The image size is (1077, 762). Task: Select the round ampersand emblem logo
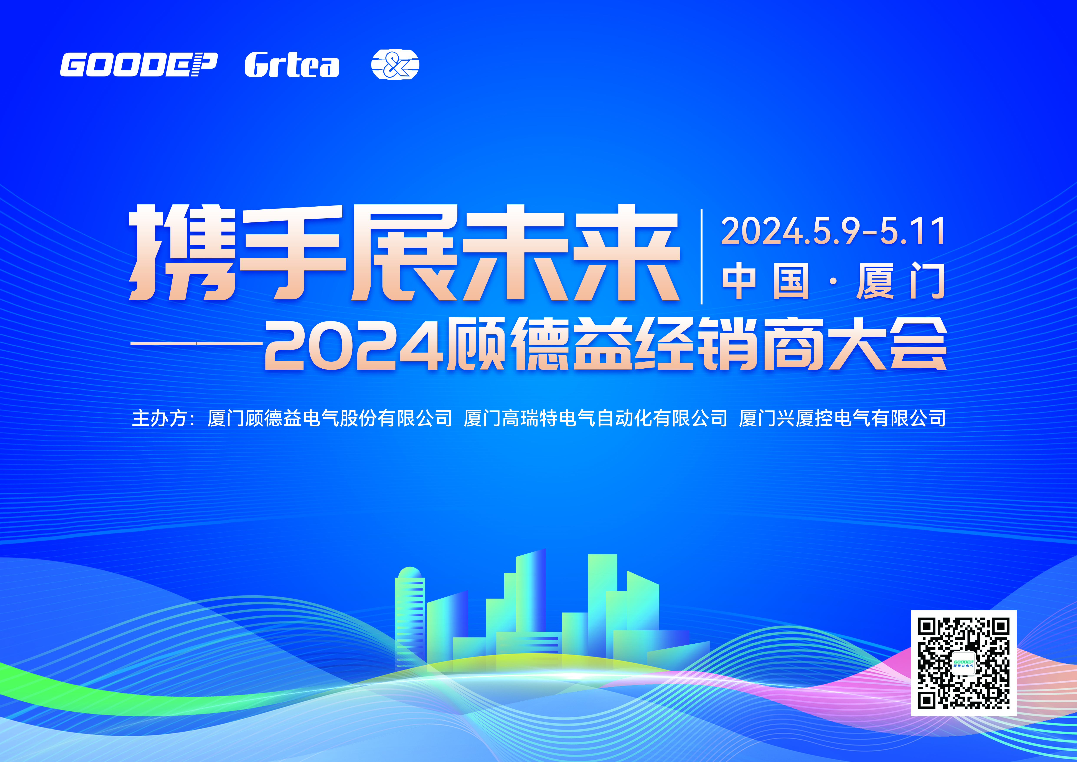click(x=395, y=65)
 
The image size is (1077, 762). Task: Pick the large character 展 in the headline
click(x=403, y=253)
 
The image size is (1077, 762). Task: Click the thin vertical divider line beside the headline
click(x=702, y=257)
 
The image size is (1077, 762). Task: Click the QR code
click(x=963, y=663)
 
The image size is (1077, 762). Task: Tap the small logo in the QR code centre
click(x=963, y=663)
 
